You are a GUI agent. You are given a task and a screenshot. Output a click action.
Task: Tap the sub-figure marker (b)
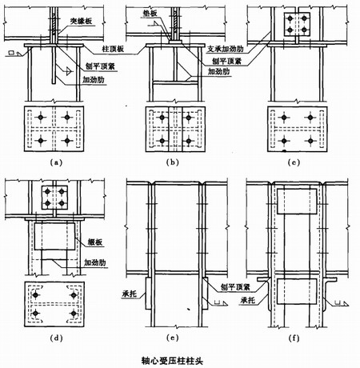(173, 162)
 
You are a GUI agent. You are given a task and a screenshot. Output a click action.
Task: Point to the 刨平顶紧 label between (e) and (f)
(226, 285)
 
